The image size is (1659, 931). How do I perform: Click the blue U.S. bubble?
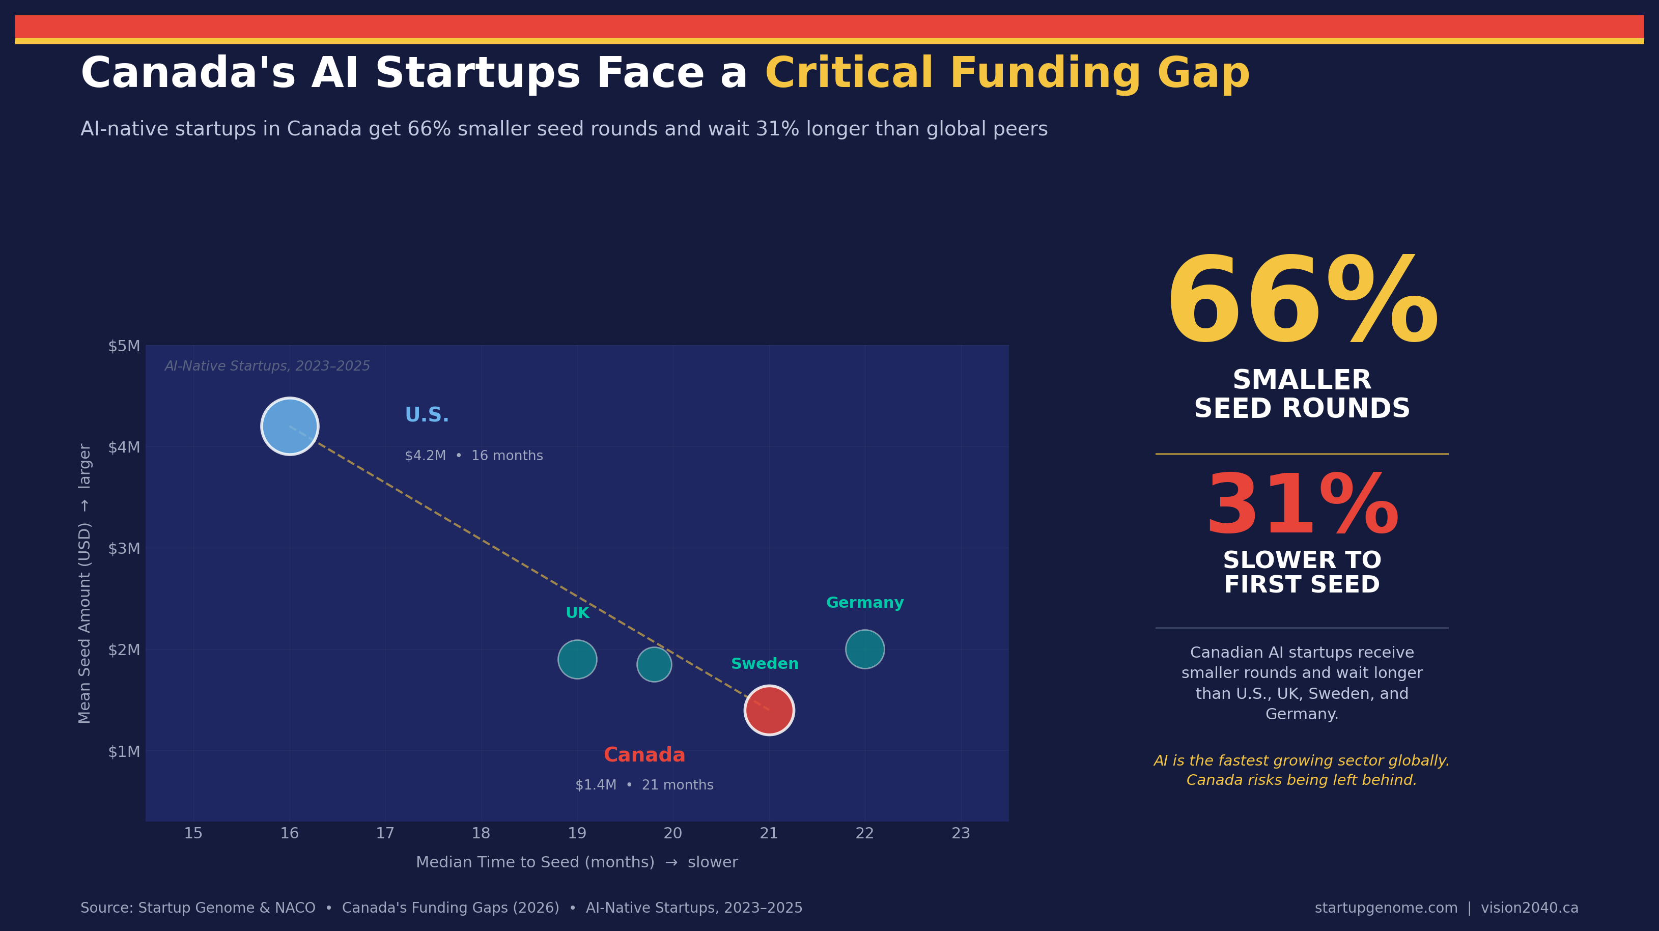[x=289, y=426]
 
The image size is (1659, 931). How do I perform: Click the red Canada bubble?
[x=769, y=710]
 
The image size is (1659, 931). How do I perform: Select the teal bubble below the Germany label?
[x=864, y=649]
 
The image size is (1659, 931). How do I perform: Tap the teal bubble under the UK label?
[x=577, y=659]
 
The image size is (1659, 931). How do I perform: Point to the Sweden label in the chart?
[x=765, y=664]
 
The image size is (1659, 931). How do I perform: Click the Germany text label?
[x=864, y=603]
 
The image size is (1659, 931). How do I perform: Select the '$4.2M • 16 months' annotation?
[x=473, y=456]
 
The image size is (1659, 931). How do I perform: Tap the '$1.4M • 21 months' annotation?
[x=644, y=785]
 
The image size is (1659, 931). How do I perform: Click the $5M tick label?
[x=124, y=346]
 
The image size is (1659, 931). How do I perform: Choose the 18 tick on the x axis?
[x=481, y=833]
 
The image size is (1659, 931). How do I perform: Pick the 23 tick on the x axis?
[x=960, y=833]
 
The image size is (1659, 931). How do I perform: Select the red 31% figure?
[x=1302, y=506]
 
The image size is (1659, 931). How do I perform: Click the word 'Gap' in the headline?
[x=1203, y=73]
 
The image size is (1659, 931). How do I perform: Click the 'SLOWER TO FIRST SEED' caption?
[x=1302, y=572]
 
